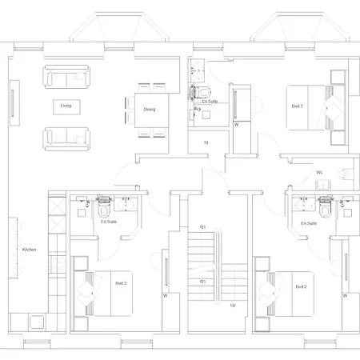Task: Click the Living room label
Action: pyautogui.click(x=66, y=105)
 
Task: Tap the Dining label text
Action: pyautogui.click(x=150, y=110)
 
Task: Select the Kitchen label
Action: pyautogui.click(x=29, y=250)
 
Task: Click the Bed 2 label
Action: pyautogui.click(x=301, y=286)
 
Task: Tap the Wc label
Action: pyautogui.click(x=319, y=172)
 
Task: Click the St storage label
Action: pyautogui.click(x=206, y=142)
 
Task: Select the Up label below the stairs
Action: pyautogui.click(x=233, y=305)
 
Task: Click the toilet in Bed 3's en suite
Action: pyautogui.click(x=105, y=210)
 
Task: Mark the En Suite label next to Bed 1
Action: pyautogui.click(x=210, y=102)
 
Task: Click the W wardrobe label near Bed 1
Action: pyautogui.click(x=236, y=126)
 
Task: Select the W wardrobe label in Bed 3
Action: pyautogui.click(x=164, y=295)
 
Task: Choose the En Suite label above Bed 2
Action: pyautogui.click(x=309, y=225)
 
